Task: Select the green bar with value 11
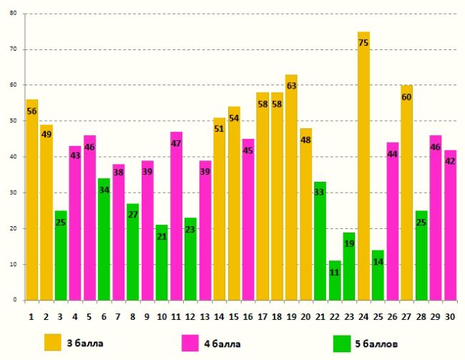pos(335,283)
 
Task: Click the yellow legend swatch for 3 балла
pos(53,342)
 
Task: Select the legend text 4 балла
pos(224,343)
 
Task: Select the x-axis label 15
pos(233,315)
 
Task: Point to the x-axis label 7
pos(118,315)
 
